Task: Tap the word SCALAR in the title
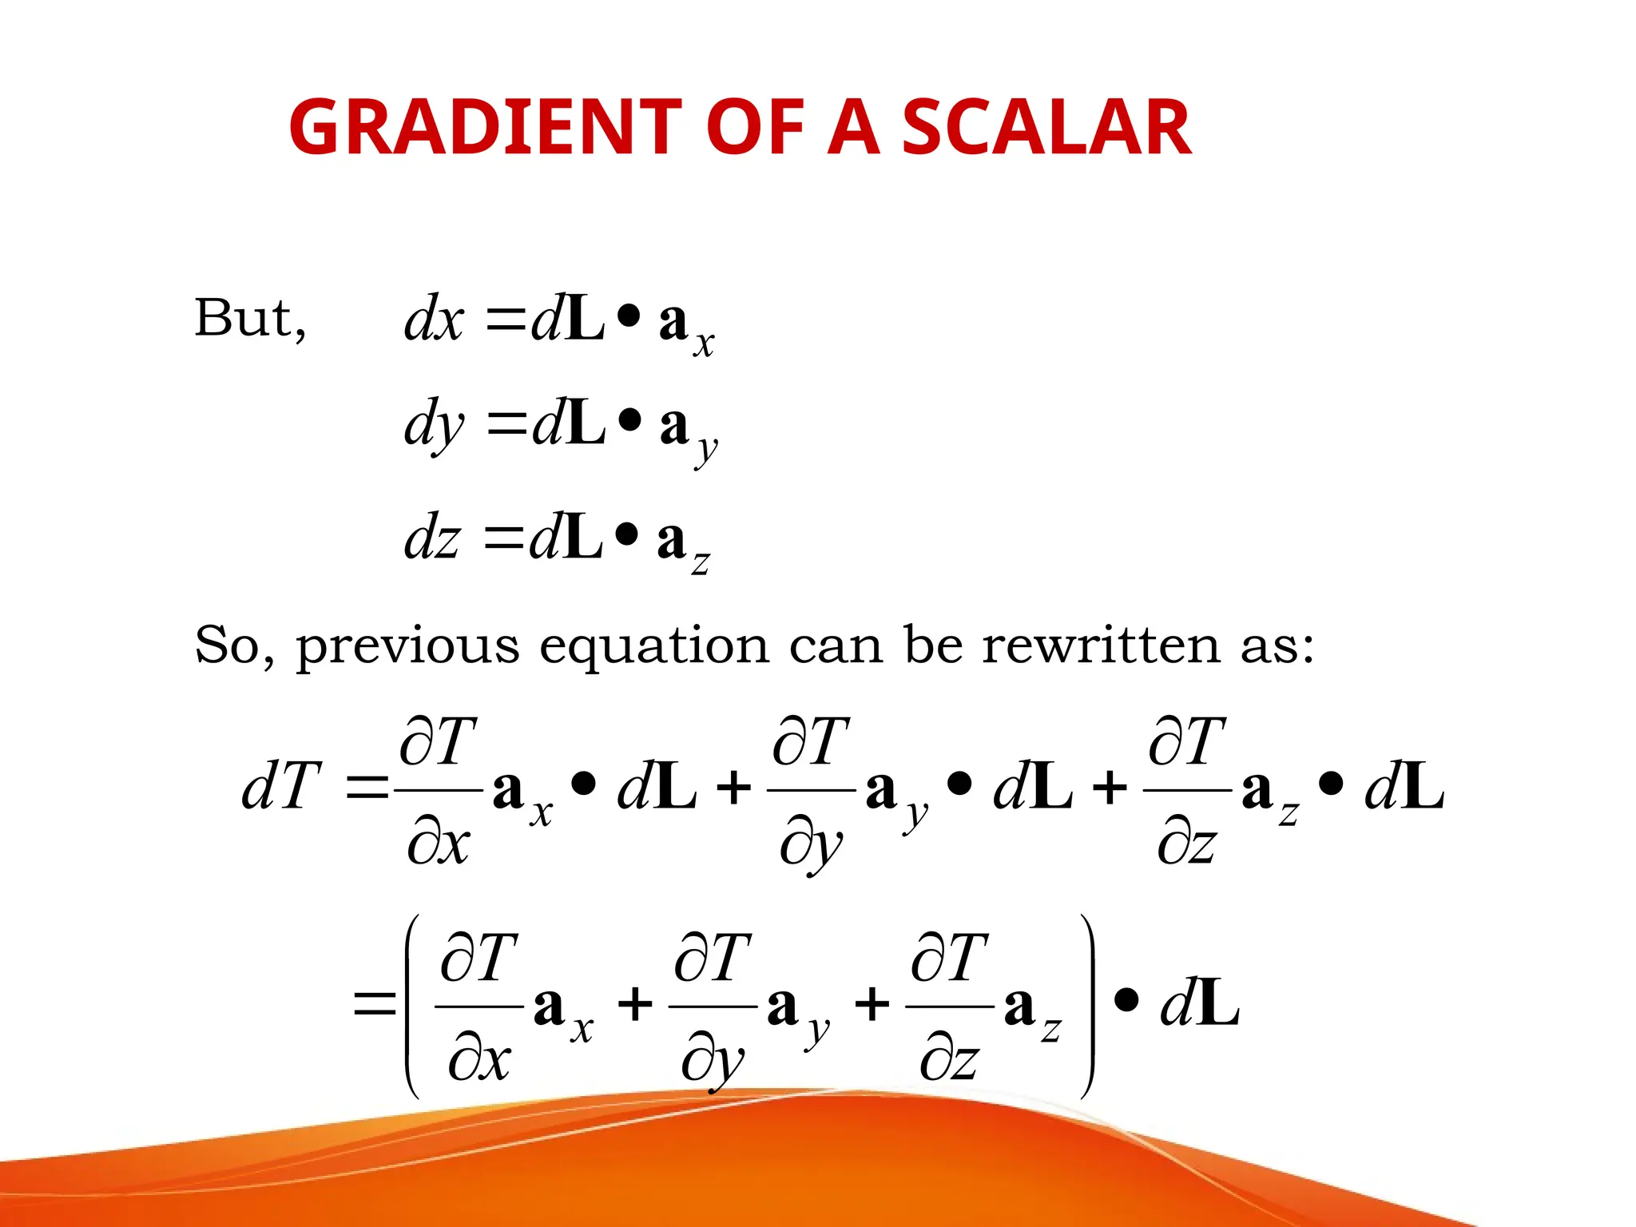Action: [x=1046, y=128]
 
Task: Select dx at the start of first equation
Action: [x=434, y=320]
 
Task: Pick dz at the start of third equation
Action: [x=432, y=538]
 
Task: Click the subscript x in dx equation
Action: [x=704, y=344]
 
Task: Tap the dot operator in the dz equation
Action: [x=627, y=532]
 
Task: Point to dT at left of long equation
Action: [x=281, y=787]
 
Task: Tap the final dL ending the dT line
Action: [x=1404, y=788]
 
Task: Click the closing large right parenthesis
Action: [x=1087, y=1007]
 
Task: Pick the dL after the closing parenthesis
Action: [x=1200, y=1004]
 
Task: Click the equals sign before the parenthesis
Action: [x=375, y=1003]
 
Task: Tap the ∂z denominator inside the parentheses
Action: [x=948, y=1061]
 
